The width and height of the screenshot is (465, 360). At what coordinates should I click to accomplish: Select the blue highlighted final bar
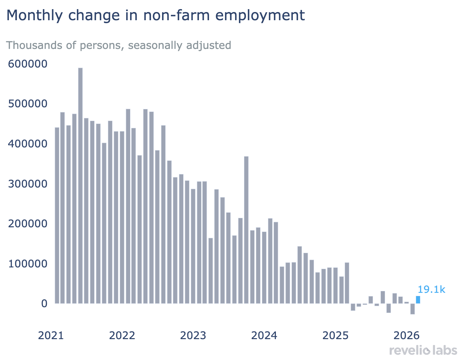coord(418,300)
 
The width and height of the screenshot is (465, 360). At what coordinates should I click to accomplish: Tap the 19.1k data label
coord(431,289)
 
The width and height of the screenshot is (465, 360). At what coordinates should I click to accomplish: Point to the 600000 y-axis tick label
coord(28,64)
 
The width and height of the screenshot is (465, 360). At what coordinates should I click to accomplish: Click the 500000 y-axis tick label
coord(28,104)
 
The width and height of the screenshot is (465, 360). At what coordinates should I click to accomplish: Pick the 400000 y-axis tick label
coord(28,144)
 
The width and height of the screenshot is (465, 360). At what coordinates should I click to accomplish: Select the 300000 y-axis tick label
coord(28,184)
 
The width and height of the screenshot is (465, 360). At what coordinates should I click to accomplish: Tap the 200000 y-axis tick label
coord(28,224)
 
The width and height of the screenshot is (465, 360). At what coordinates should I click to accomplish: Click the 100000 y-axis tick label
coord(28,264)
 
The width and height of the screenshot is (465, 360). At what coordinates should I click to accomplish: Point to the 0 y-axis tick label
coord(44,304)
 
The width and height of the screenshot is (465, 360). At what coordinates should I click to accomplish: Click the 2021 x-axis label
coord(51,335)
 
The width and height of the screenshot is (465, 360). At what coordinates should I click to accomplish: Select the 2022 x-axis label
coord(122,335)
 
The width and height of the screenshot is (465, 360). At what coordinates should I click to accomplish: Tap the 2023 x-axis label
coord(193,335)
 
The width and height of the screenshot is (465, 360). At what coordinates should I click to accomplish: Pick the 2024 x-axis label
coord(264,335)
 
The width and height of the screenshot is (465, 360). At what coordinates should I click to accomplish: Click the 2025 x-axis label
coord(335,335)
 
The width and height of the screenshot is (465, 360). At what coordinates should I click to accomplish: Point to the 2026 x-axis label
coord(406,335)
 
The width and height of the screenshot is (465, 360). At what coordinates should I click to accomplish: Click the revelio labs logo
coord(423,351)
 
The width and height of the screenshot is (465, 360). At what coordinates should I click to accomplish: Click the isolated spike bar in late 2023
coord(246,230)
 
